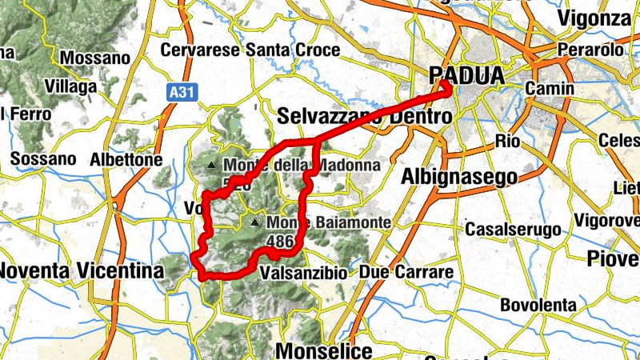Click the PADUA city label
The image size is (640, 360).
pyautogui.click(x=467, y=76)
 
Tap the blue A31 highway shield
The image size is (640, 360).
pyautogui.click(x=182, y=93)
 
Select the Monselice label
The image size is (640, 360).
pyautogui.click(x=323, y=350)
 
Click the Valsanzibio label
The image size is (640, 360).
pyautogui.click(x=304, y=273)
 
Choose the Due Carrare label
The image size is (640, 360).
pyautogui.click(x=406, y=272)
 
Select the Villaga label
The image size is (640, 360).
pyautogui.click(x=70, y=86)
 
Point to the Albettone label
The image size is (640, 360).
pyautogui.click(x=126, y=160)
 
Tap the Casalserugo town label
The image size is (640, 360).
pyautogui.click(x=513, y=230)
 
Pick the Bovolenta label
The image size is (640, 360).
pyautogui.click(x=538, y=305)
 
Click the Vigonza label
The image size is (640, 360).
pyautogui.click(x=595, y=18)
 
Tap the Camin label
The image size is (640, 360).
pyautogui.click(x=550, y=88)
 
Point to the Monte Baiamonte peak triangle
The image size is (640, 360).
pyautogui.click(x=255, y=222)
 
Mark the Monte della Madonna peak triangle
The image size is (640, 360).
pyautogui.click(x=211, y=166)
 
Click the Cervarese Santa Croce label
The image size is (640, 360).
pyautogui.click(x=250, y=50)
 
